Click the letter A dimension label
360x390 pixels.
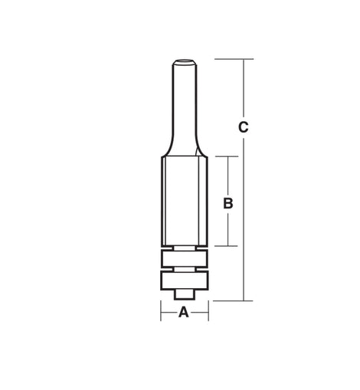click(184, 312)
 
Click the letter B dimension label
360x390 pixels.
click(228, 204)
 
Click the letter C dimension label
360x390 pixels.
click(244, 127)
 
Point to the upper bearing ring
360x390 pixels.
click(185, 259)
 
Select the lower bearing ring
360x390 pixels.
click(185, 280)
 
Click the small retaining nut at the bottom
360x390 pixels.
click(185, 294)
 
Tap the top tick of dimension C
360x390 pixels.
click(234, 59)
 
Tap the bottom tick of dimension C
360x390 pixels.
click(233, 300)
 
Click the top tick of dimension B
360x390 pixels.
click(227, 156)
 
